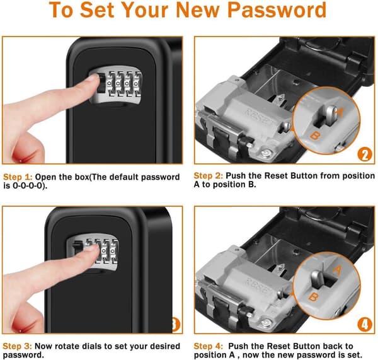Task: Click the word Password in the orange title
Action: pyautogui.click(x=277, y=10)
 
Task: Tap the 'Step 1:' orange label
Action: pyautogui.click(x=18, y=177)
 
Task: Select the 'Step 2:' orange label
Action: pyautogui.click(x=209, y=176)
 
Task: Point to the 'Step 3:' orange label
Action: pyautogui.click(x=18, y=346)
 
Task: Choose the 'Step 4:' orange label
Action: pyautogui.click(x=209, y=346)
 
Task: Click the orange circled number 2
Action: pyautogui.click(x=365, y=154)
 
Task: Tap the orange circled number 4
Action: pyautogui.click(x=365, y=325)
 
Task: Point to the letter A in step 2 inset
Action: pyautogui.click(x=339, y=112)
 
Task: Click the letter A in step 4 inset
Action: pyautogui.click(x=338, y=270)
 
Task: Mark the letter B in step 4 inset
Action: pyautogui.click(x=314, y=297)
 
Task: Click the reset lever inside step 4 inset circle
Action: pyautogui.click(x=318, y=279)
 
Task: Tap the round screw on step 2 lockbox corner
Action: pyautogui.click(x=266, y=153)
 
